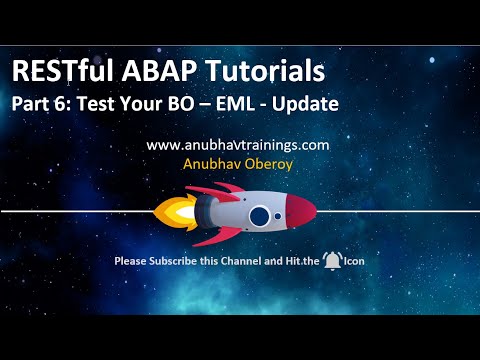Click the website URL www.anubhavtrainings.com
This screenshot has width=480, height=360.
[x=238, y=145]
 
